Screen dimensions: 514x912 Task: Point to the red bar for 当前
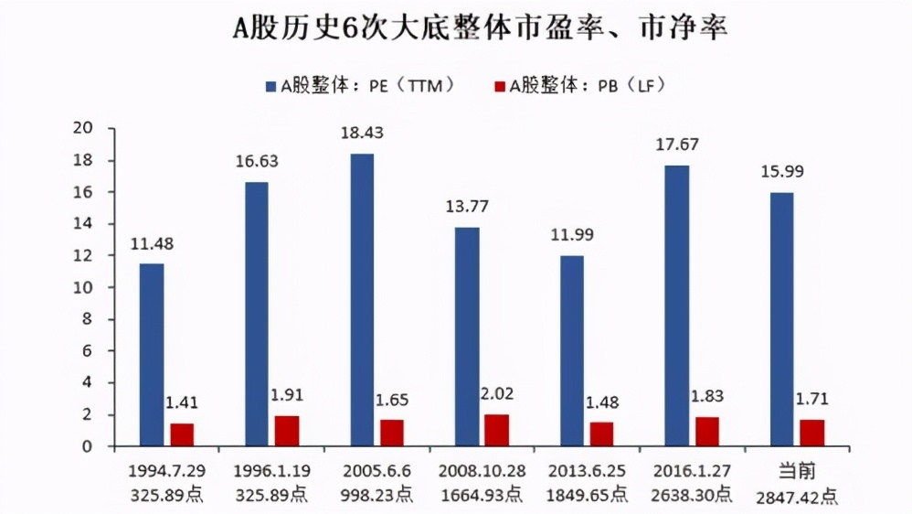[x=812, y=433]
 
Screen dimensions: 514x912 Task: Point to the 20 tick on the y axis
[x=89, y=129]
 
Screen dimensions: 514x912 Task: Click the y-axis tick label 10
[x=89, y=288]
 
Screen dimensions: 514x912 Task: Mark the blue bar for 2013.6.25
[x=572, y=350]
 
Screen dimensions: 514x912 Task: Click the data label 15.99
[x=783, y=172]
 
